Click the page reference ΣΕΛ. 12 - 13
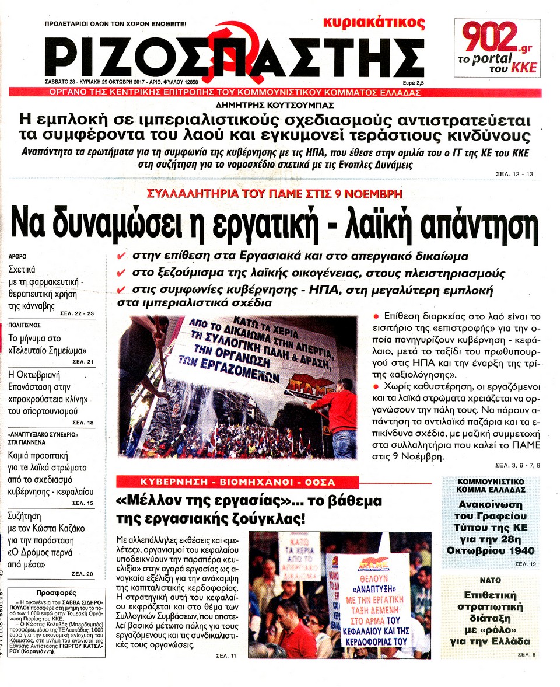[x=514, y=174]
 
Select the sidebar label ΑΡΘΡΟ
[x=17, y=256]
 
